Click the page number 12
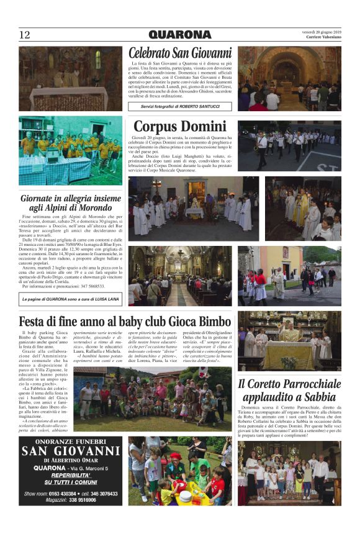click(x=24, y=35)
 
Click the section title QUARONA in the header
click(x=179, y=35)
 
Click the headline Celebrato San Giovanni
click(x=180, y=53)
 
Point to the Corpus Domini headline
click(x=179, y=127)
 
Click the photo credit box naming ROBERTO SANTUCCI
click(x=180, y=106)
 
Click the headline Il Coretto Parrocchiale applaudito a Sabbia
click(x=289, y=391)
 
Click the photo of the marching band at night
click(x=289, y=146)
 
